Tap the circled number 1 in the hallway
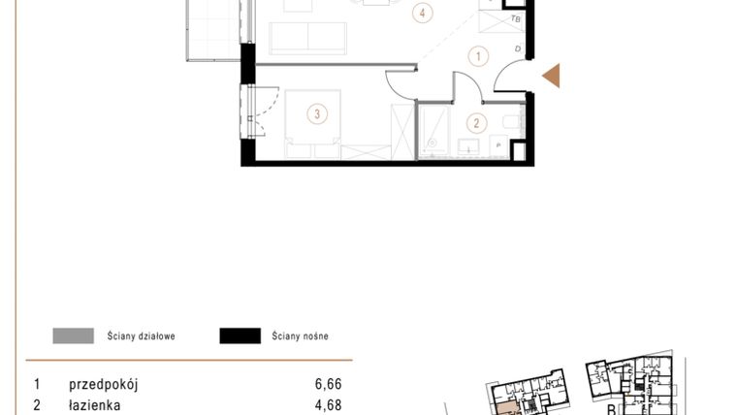point(477,56)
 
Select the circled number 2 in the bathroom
point(476,123)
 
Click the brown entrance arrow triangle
point(551,75)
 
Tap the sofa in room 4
point(307,38)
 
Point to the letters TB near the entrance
point(516,18)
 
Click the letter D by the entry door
point(518,49)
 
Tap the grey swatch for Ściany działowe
point(74,336)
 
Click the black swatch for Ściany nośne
point(240,336)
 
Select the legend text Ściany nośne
point(300,336)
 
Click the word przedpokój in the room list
point(104,384)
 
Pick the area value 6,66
point(329,384)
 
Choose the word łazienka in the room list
point(94,406)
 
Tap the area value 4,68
point(329,406)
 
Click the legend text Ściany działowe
point(142,336)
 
